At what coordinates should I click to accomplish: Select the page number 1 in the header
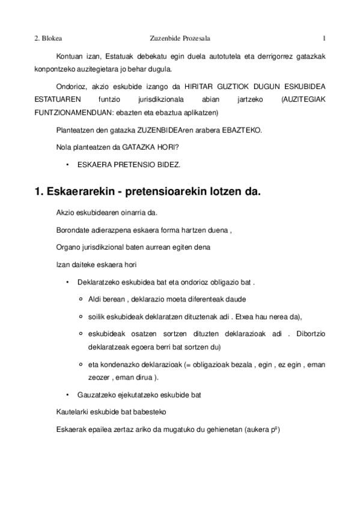tap(324, 39)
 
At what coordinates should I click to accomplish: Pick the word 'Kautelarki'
tap(70, 412)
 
